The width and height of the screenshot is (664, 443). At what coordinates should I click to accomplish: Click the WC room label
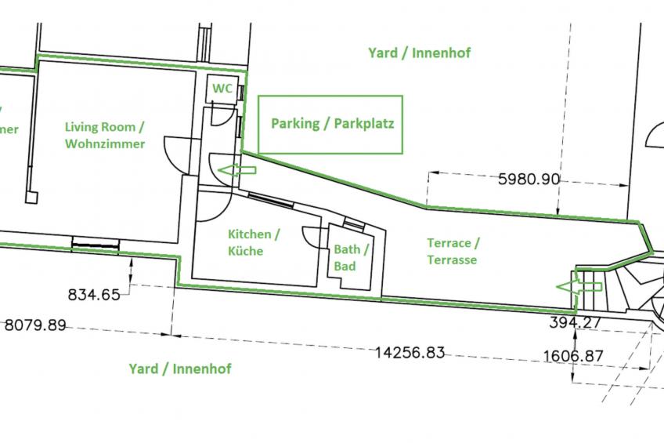pos(222,89)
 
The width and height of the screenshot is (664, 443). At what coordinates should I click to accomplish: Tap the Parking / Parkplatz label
pos(332,124)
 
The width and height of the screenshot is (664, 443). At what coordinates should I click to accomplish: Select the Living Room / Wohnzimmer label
pos(105,135)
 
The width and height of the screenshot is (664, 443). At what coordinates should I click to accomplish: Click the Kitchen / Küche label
pos(253,242)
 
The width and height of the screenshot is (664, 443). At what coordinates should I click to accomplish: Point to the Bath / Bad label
pos(351,258)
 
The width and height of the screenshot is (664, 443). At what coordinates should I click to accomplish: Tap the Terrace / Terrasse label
pos(453,251)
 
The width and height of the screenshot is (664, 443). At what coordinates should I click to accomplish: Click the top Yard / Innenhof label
pos(419,53)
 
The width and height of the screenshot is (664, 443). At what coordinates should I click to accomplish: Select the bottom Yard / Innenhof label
pos(180,369)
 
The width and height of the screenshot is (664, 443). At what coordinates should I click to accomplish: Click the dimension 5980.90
pos(529,179)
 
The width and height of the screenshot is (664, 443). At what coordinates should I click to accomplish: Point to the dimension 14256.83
pos(410,353)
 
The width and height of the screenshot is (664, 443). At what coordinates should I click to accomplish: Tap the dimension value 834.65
pos(94,295)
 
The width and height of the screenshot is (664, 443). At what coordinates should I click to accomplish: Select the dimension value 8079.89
pos(35,325)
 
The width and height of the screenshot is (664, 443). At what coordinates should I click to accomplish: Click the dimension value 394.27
pos(576,322)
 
